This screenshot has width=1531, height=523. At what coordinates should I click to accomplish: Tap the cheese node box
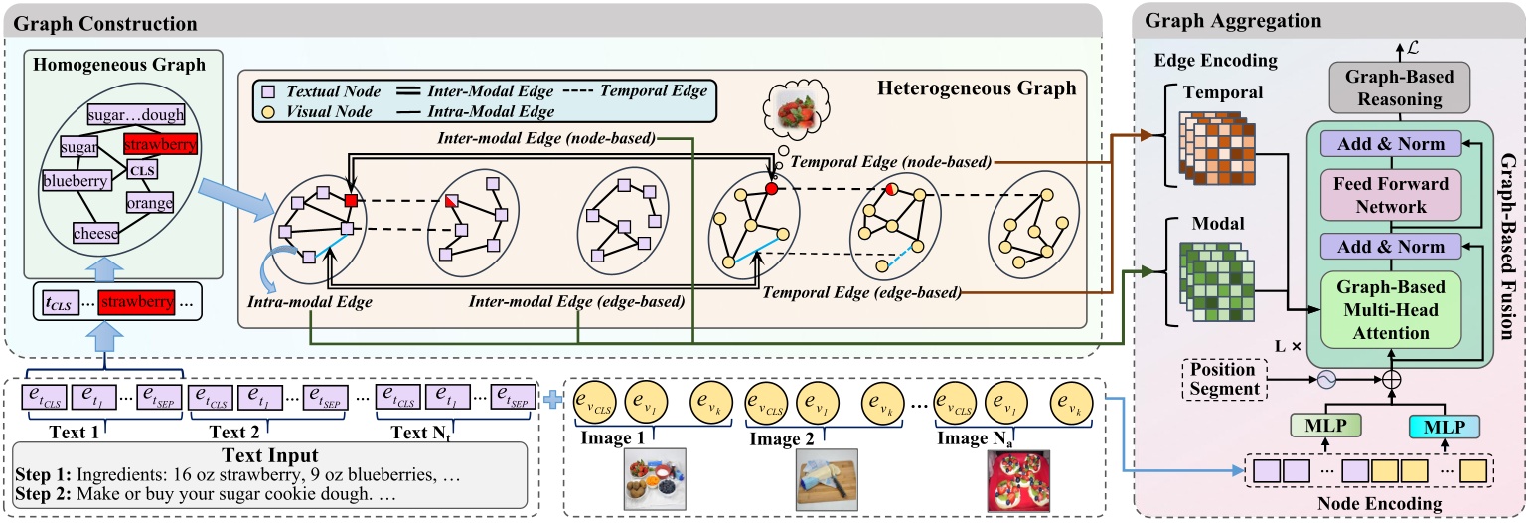[x=96, y=234]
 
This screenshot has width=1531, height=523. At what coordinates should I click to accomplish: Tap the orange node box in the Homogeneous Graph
[x=149, y=203]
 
